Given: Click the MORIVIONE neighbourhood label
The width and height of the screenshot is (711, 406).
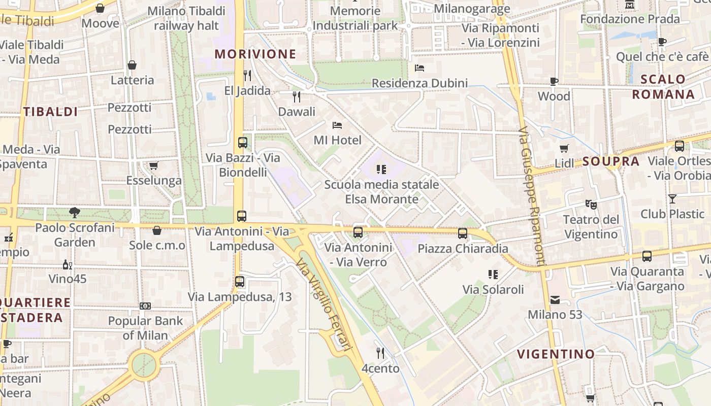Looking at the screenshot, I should (255, 54).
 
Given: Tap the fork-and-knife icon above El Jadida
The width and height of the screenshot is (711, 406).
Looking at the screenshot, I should (247, 76).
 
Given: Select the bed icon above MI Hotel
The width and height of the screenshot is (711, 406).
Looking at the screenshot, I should (337, 125).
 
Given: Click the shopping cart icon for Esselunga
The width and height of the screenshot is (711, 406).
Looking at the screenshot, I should (153, 165).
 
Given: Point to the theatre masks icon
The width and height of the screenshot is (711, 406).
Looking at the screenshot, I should (591, 205).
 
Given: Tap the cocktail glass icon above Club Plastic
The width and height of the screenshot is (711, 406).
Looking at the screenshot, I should (672, 198).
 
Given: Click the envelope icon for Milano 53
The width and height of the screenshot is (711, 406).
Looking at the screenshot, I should (555, 300).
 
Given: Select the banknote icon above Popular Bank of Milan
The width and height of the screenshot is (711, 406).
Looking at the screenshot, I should (145, 306).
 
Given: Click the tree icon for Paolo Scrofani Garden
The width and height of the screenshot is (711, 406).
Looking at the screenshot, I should (75, 213).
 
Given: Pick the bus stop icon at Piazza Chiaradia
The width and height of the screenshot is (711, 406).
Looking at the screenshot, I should (462, 233).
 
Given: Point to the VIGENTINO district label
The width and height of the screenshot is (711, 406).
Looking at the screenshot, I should (556, 354).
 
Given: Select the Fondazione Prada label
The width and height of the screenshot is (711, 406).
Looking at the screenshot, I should (630, 19).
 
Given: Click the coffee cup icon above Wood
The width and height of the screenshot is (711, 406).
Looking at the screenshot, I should (554, 81).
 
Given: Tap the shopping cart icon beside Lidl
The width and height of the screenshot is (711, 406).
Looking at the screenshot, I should (564, 148).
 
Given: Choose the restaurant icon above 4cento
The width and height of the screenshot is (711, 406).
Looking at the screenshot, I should (380, 353).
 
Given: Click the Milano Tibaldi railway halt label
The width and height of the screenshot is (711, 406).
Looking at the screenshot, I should (186, 18).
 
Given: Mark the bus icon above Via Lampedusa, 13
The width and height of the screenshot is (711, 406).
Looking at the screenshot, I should (240, 281).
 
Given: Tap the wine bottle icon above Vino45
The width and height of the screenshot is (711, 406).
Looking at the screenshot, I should (67, 264).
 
